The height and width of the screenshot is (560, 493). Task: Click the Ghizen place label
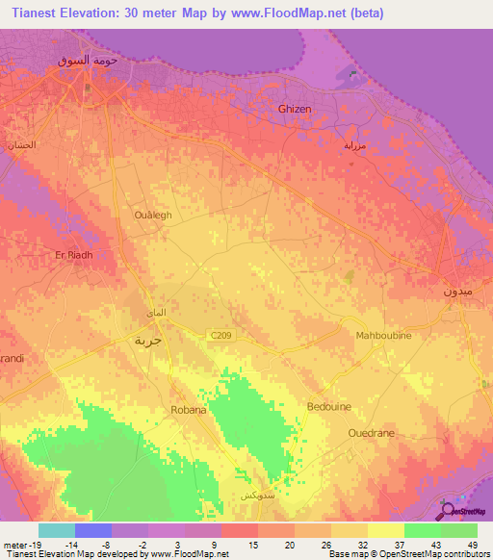coord(295,110)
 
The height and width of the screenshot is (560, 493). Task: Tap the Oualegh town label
coord(153,216)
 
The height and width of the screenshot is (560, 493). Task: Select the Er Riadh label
coord(73,255)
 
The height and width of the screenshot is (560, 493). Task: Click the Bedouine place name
coord(327,407)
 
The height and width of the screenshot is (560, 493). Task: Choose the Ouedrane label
coord(372,434)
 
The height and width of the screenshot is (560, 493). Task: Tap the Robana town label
coord(190,410)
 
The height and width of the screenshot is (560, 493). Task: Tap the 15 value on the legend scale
coord(253,544)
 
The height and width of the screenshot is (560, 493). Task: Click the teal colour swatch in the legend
coord(57,530)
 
